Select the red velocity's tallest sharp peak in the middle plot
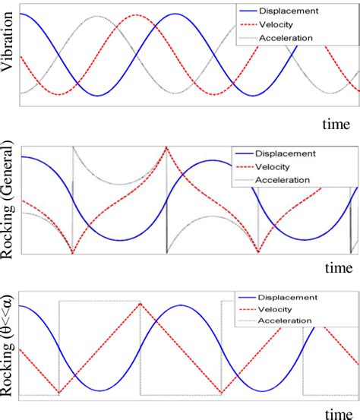point(166,147)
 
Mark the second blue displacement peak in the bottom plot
point(181,305)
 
